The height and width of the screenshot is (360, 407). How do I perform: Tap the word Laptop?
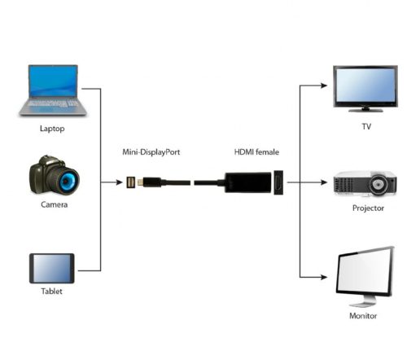51,128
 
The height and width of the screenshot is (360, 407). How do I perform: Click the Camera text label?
54,204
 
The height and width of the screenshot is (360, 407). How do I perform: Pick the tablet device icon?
52,267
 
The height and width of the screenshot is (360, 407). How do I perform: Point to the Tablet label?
51,292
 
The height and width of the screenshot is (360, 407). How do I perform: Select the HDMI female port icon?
279,183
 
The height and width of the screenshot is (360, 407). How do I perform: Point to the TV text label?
365,127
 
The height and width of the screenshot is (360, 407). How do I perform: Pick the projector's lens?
377,184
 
